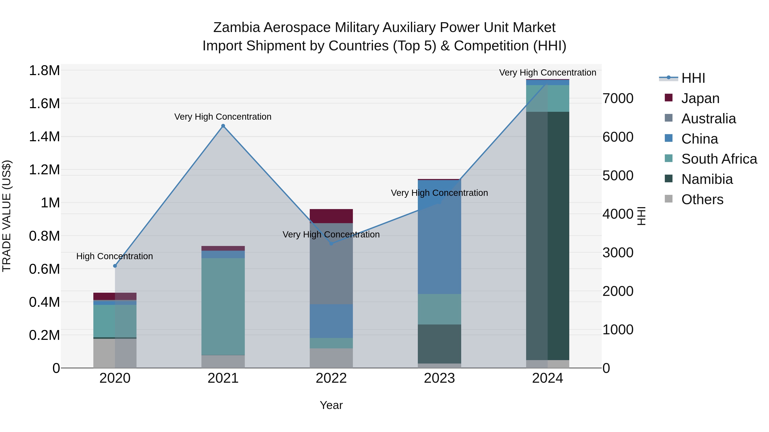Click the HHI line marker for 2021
[223, 126]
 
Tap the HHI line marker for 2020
[115, 266]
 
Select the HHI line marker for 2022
[331, 244]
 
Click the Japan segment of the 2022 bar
[331, 216]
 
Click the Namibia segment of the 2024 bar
[547, 236]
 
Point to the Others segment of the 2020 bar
[115, 353]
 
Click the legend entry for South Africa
[719, 159]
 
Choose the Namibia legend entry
[707, 179]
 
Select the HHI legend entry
[693, 78]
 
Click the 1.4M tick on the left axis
[44, 137]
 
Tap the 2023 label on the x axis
[439, 378]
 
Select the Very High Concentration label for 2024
[547, 73]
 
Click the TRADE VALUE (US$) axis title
[7, 216]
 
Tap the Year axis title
[331, 405]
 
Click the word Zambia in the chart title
[236, 28]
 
